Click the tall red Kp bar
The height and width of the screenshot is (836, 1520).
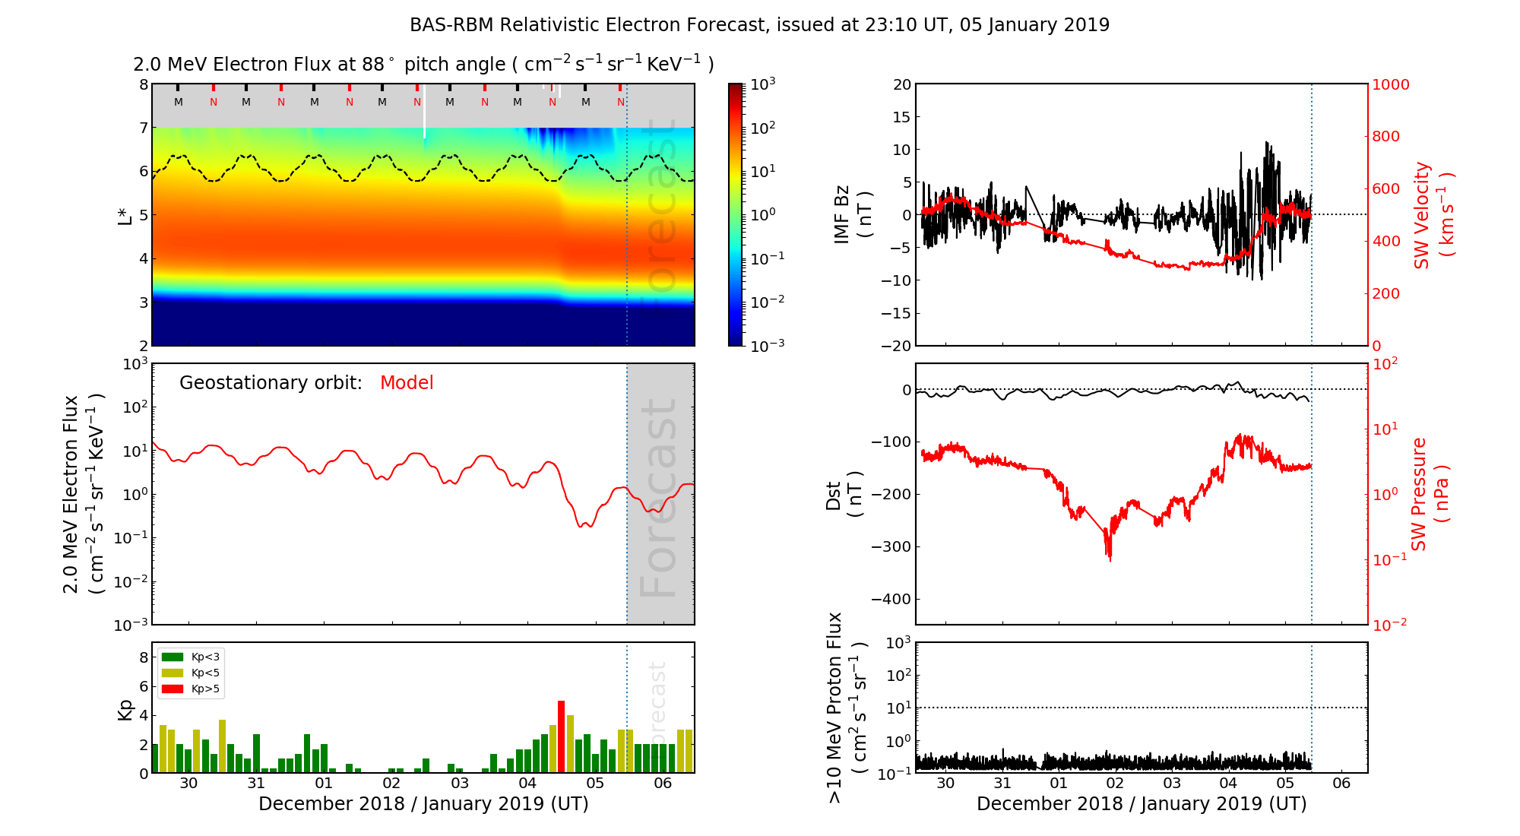[x=561, y=736]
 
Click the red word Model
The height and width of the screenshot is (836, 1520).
[x=407, y=383]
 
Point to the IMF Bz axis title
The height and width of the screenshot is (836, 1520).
[x=852, y=215]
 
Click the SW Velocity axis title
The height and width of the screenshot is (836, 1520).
[x=1432, y=215]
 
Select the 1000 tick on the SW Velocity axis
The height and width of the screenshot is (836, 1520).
[x=1390, y=84]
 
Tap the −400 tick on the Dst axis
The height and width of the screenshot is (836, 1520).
[x=891, y=599]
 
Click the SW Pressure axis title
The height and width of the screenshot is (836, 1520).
[x=1429, y=494]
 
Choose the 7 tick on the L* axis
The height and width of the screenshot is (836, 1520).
[x=143, y=128]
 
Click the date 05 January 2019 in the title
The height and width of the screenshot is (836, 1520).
[x=1034, y=25]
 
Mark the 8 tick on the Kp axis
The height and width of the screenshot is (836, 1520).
[x=143, y=657]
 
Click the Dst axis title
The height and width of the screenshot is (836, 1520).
[x=844, y=494]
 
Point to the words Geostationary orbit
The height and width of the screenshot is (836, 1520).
[x=271, y=383]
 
